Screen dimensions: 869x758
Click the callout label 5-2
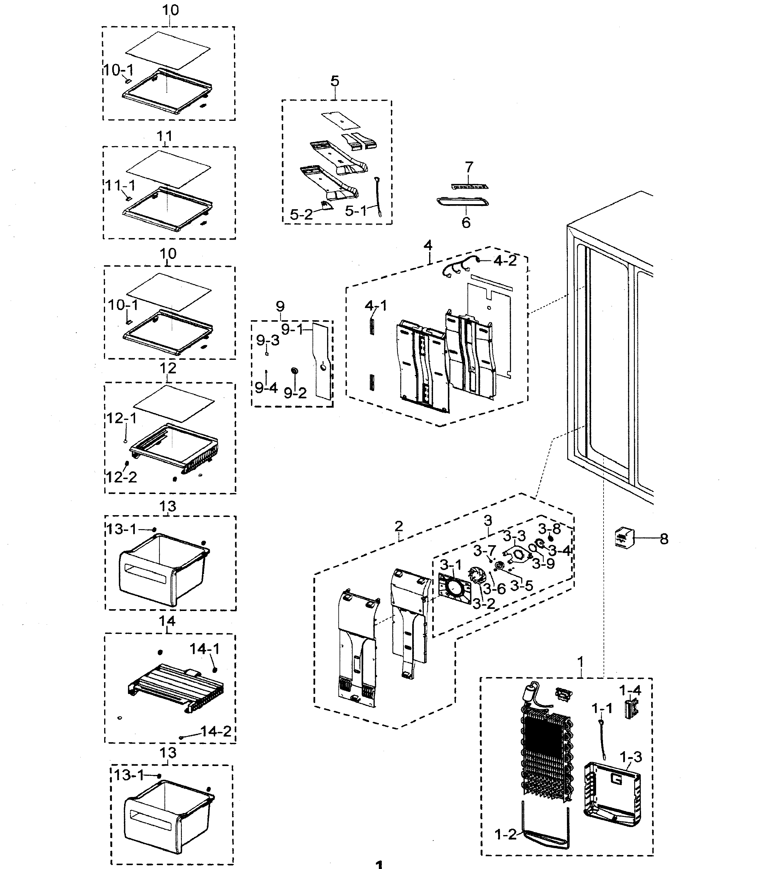(301, 214)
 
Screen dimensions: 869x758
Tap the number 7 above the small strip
(469, 168)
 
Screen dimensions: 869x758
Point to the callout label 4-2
(505, 261)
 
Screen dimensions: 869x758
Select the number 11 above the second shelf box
(165, 136)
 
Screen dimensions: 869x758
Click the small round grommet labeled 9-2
(293, 371)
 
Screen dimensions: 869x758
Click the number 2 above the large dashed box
(398, 526)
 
